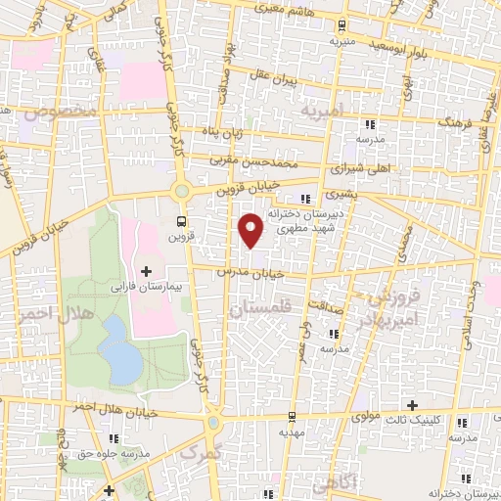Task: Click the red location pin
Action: click(251, 229)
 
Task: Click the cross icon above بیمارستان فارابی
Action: click(147, 270)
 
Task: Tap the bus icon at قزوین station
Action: click(180, 220)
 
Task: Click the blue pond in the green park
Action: click(121, 350)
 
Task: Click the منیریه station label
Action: click(340, 42)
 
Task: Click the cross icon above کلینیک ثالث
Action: click(414, 405)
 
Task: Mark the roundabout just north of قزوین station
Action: click(182, 190)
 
